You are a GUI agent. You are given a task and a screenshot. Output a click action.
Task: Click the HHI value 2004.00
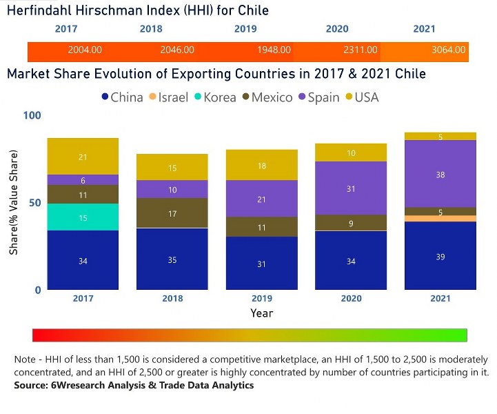[85, 50]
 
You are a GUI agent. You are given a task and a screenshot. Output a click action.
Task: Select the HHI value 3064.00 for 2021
[448, 50]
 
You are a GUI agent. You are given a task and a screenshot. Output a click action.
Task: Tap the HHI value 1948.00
[274, 50]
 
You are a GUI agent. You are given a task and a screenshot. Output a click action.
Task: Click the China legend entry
[122, 97]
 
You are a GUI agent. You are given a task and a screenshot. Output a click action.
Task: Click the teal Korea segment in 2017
[83, 217]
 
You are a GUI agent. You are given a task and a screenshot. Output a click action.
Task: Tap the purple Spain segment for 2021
[440, 174]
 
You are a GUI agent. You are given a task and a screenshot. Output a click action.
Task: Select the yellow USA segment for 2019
[261, 165]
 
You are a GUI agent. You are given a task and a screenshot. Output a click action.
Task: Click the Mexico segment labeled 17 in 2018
[172, 213]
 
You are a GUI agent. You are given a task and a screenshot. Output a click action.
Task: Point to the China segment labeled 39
[440, 256]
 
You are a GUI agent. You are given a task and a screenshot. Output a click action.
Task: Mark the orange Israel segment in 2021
[440, 219]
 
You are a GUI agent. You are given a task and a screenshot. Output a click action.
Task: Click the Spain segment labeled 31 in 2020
[351, 188]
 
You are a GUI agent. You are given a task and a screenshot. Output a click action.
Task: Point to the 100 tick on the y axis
[32, 115]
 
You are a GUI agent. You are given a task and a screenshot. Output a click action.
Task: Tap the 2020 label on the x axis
[351, 298]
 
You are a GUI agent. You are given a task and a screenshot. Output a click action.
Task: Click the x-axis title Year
[261, 313]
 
